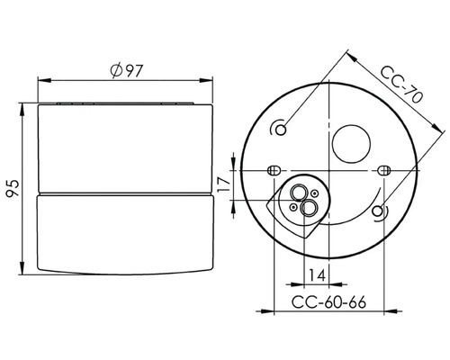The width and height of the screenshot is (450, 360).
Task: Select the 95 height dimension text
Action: [x=12, y=186]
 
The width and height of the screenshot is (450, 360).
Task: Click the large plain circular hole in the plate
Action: [x=350, y=140]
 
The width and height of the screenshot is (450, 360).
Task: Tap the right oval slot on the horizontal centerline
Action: [x=384, y=170]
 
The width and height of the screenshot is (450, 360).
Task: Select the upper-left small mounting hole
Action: [x=283, y=128]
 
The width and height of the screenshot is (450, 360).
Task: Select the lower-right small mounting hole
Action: [x=379, y=212]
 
